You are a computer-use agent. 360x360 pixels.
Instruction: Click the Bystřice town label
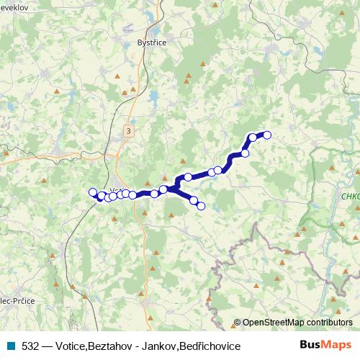[x=151, y=43]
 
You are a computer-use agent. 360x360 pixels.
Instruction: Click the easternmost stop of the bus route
[x=266, y=134]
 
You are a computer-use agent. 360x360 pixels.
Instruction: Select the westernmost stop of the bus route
[x=92, y=192]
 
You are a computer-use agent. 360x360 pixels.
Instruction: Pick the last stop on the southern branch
[x=201, y=206]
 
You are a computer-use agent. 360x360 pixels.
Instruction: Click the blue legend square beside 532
[x=10, y=346]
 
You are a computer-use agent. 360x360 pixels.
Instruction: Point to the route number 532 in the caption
[x=30, y=346]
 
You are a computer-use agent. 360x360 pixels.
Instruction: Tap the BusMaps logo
[x=325, y=345]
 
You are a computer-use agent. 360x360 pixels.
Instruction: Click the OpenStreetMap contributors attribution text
[x=297, y=323]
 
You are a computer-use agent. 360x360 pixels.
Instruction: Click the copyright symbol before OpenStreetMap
[x=238, y=323]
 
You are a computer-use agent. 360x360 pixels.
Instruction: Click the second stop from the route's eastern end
[x=252, y=138]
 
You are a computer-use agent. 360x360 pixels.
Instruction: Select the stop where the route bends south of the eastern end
[x=245, y=153]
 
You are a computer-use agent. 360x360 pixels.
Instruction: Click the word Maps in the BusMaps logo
[x=336, y=345]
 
